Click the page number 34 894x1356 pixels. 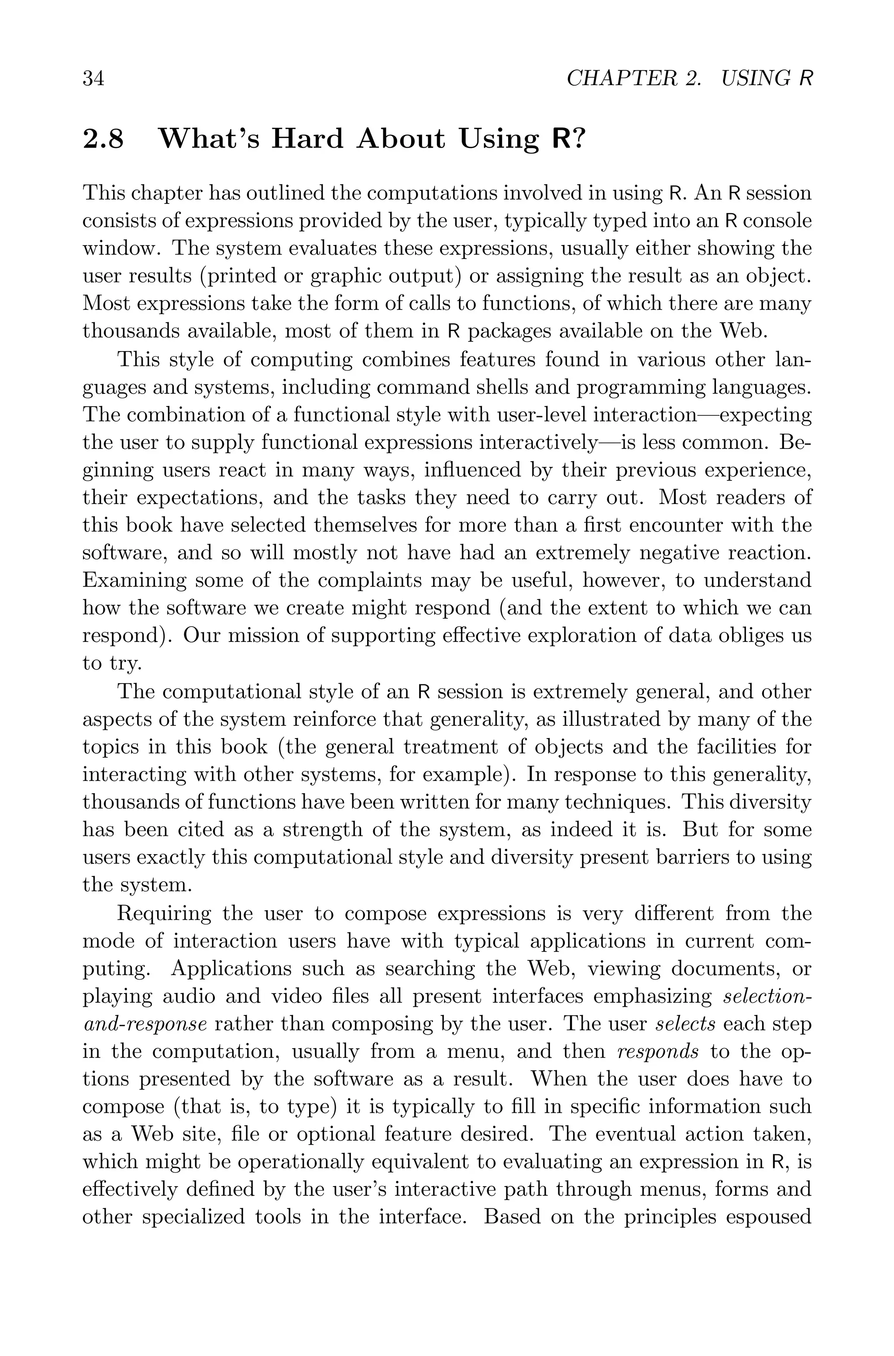93,79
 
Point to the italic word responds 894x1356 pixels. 658,1052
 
